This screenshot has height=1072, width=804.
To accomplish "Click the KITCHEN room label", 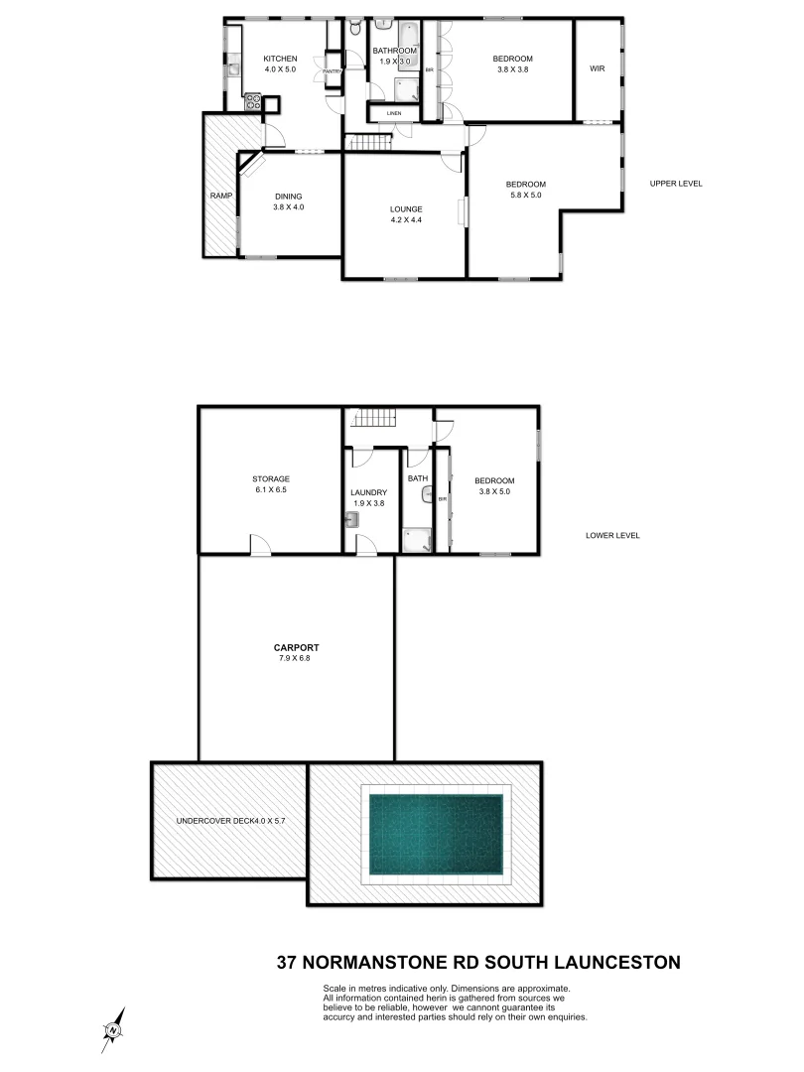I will point(280,60).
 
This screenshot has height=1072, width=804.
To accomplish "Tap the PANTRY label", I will point(332,71).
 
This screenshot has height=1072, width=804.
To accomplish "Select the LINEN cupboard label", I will point(394,114).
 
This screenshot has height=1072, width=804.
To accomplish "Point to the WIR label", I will point(597,68).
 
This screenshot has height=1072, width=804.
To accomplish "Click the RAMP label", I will point(219,196).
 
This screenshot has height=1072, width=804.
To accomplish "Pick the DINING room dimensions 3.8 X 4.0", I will point(288,207).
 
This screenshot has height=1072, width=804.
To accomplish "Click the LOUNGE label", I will point(406,208).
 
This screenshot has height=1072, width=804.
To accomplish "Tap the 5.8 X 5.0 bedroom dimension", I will point(525,196).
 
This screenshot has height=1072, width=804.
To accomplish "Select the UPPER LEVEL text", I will point(676,184).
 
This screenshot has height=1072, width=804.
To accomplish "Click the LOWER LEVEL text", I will point(612,535).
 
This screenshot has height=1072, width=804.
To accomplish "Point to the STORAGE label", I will point(270,478).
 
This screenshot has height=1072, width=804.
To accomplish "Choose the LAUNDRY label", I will point(367,492).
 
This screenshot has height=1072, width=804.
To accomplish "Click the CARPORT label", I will point(298,647).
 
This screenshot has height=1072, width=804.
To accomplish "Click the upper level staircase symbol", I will point(370,144).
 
